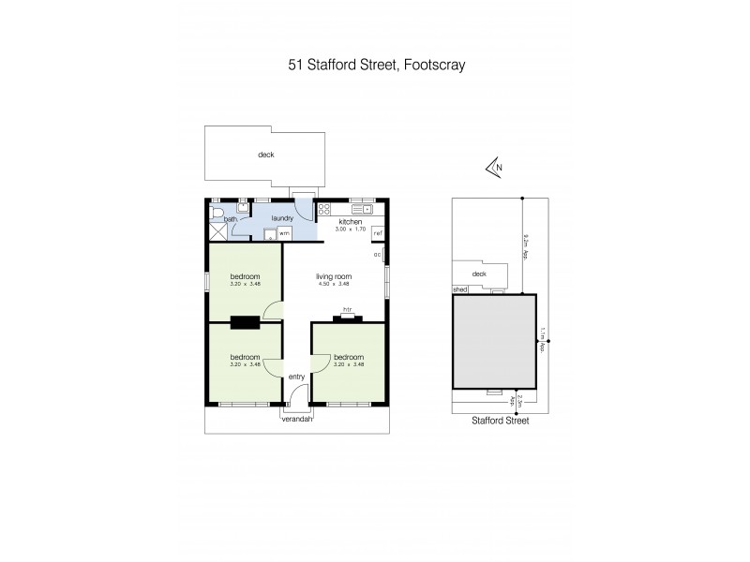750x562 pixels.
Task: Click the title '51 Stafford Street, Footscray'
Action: click(x=375, y=65)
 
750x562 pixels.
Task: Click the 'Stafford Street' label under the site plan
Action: click(x=501, y=421)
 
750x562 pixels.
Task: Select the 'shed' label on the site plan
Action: click(x=459, y=290)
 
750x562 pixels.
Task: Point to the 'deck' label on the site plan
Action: click(x=480, y=274)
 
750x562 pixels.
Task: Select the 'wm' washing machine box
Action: click(x=283, y=232)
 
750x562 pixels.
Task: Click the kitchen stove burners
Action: click(x=323, y=210)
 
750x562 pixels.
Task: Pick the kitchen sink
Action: click(x=360, y=209)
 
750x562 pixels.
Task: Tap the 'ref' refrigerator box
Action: click(x=379, y=232)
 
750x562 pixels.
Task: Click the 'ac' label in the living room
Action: click(x=377, y=254)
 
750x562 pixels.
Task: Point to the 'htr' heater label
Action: click(x=347, y=309)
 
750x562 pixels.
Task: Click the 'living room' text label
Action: click(x=334, y=276)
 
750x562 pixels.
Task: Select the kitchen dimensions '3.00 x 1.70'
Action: click(x=350, y=229)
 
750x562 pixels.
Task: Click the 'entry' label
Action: click(x=296, y=377)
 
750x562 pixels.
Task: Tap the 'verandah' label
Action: click(x=297, y=419)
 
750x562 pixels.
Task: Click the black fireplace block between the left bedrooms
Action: click(x=246, y=323)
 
